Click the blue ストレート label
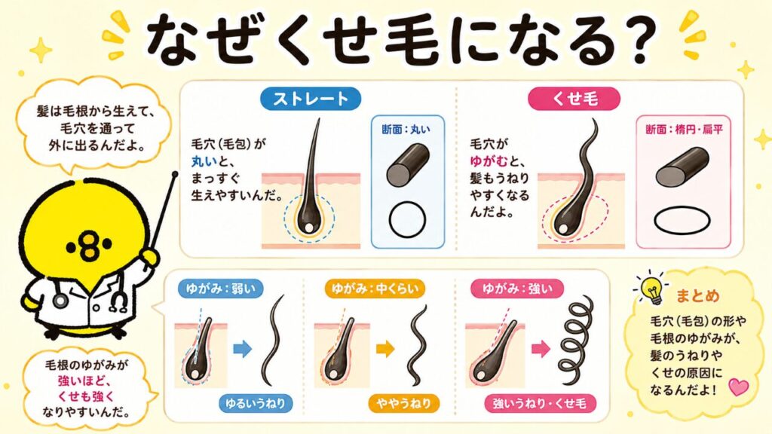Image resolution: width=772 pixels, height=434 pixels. point(310,99)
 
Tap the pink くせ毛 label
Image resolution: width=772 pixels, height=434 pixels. point(574,99)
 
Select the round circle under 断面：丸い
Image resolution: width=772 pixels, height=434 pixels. point(407,219)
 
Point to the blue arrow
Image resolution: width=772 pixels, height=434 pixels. point(242,349)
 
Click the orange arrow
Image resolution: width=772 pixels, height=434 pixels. point(385,349)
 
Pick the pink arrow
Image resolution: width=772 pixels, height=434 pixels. point(541,349)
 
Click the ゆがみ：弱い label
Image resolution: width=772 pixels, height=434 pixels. point(221,289)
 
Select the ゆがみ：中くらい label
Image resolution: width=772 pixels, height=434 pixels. point(375,289)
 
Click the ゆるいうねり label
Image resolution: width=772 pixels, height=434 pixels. point(256,404)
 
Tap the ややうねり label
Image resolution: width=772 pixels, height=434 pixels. point(404,404)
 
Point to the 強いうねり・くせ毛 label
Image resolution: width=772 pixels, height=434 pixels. point(540,404)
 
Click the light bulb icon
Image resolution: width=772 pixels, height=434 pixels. point(652,287)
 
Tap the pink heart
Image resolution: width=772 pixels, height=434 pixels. point(738,387)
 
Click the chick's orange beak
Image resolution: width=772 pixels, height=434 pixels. point(89,245)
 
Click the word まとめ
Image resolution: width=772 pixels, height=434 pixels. point(697,295)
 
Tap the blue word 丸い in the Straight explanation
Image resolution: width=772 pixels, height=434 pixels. point(204,161)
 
